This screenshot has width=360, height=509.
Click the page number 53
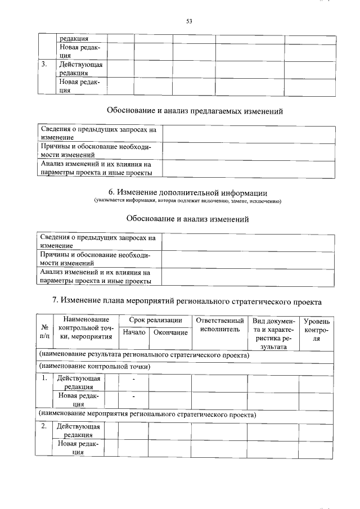189,22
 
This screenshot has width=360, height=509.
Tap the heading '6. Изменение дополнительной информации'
187,193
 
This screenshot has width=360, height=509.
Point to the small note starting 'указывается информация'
187,201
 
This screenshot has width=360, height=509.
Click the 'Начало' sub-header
134,332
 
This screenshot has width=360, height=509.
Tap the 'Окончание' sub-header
170,332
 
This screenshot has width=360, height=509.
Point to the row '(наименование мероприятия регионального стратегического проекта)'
147,415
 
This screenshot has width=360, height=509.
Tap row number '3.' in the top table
44,64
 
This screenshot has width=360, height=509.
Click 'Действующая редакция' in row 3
80,69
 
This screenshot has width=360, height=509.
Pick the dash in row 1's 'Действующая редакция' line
134,379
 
